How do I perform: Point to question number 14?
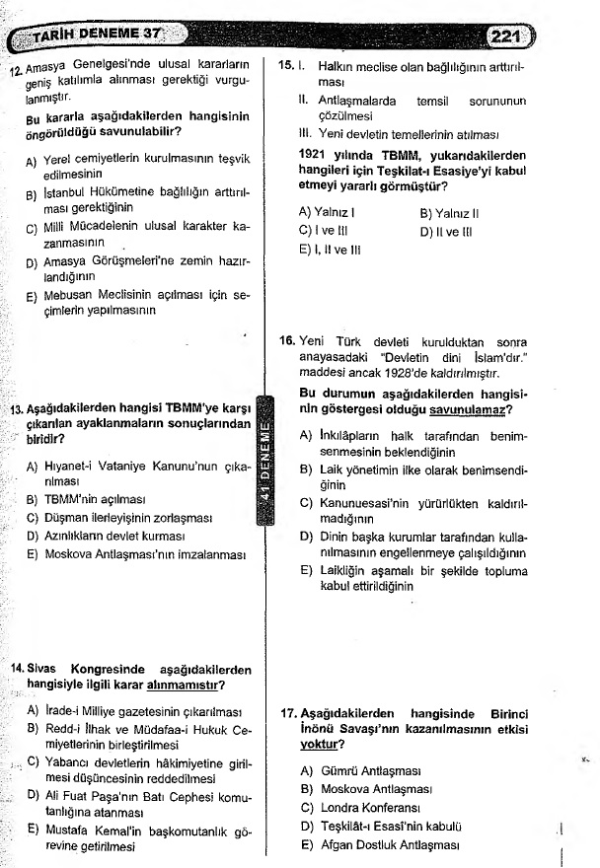coord(18,669)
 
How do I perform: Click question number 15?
coord(285,66)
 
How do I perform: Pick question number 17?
coord(287,712)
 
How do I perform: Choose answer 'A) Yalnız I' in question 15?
coord(327,211)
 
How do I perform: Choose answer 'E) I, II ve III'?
coord(332,250)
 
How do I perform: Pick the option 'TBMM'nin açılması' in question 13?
coord(95,499)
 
